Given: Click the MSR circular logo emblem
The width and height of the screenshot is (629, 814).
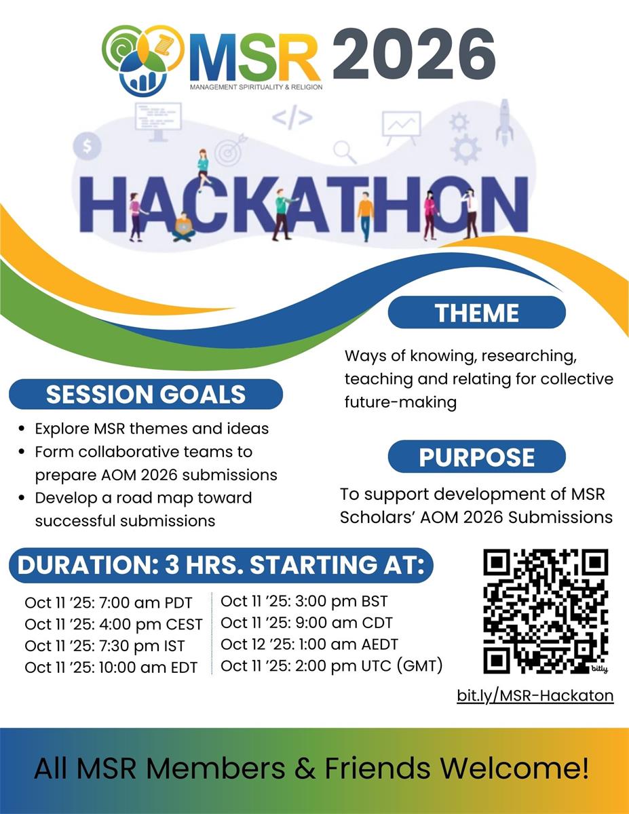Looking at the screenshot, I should click(x=143, y=60).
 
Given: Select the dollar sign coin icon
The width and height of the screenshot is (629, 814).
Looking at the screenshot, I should click(x=88, y=145).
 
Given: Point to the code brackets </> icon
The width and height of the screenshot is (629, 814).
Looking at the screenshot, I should click(x=292, y=117).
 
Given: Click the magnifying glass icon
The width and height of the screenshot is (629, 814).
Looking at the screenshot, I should click(x=345, y=151).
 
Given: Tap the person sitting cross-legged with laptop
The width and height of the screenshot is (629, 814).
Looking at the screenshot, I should click(x=183, y=227).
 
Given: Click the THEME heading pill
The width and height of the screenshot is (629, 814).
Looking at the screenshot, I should click(x=476, y=313).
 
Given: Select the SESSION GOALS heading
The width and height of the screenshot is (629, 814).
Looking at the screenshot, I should click(x=146, y=394).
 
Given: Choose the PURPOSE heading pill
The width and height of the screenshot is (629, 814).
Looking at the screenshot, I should click(x=476, y=457).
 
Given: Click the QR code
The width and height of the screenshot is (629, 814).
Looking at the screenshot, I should click(x=546, y=611).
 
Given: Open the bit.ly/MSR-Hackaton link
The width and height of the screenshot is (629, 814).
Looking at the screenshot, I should click(x=535, y=695).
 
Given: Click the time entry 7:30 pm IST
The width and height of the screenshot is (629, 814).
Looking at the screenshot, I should click(x=104, y=646).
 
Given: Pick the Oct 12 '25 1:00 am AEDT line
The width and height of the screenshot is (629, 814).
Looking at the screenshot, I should click(x=309, y=644).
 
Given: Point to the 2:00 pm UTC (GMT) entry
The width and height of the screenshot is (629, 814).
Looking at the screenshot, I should click(x=332, y=665).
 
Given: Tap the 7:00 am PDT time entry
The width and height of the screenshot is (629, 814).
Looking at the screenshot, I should click(x=109, y=603).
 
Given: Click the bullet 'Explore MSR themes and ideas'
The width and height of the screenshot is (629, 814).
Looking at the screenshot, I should click(x=151, y=429).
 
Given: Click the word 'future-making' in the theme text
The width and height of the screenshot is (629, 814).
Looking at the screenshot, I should click(x=400, y=402).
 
